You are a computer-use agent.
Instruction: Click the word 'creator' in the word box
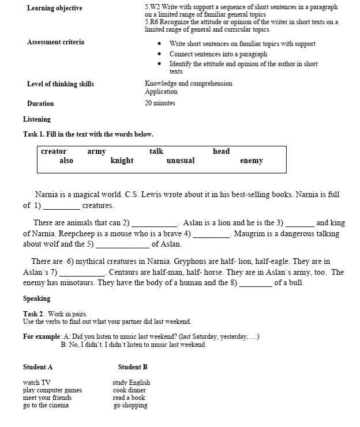pyautogui.click(x=54, y=152)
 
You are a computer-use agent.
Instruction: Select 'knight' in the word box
pyautogui.click(x=122, y=161)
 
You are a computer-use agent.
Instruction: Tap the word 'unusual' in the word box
pyautogui.click(x=181, y=161)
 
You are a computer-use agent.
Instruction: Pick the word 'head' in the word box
pyautogui.click(x=221, y=152)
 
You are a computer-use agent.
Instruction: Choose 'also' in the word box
pyautogui.click(x=66, y=161)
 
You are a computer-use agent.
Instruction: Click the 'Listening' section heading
pyautogui.click(x=37, y=119)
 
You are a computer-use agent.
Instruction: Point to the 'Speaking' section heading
pyautogui.click(x=36, y=298)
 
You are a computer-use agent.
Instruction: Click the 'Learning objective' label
pyautogui.click(x=54, y=8)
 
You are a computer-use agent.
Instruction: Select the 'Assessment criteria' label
pyautogui.click(x=55, y=42)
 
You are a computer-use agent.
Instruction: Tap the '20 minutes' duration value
pyautogui.click(x=160, y=103)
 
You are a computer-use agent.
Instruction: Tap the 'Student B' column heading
pyautogui.click(x=133, y=367)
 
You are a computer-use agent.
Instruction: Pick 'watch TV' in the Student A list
pyautogui.click(x=36, y=383)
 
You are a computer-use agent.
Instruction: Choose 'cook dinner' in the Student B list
pyautogui.click(x=129, y=390)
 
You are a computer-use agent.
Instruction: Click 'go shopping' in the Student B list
pyautogui.click(x=130, y=405)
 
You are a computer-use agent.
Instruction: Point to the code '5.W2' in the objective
pyautogui.click(x=152, y=7)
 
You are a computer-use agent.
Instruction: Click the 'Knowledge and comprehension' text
pyautogui.click(x=189, y=84)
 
